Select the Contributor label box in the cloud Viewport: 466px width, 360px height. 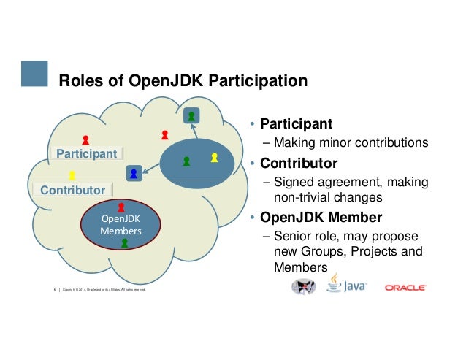point(72,191)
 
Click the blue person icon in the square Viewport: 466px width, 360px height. point(134,173)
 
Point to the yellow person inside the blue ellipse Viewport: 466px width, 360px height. point(214,157)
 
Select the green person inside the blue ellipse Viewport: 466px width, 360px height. point(186,159)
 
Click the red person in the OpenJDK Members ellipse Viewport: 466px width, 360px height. point(121,208)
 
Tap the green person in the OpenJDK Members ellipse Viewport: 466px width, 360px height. point(125,244)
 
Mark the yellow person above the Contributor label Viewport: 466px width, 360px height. point(72,175)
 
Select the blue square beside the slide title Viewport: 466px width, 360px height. point(34,73)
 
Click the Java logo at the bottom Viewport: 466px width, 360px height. point(346,285)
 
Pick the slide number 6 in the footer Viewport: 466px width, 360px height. point(56,291)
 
